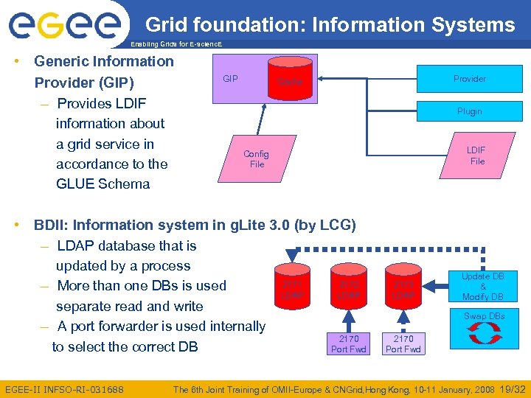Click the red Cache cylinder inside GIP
pos(291,80)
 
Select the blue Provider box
pos(469,79)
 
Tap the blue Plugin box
pos(469,111)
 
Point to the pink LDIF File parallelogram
pos(476,156)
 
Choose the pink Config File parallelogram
pos(256,159)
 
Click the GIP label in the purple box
pos(230,78)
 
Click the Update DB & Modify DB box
pos(483,287)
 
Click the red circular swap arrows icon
pos(484,333)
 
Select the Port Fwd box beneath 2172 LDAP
pos(348,343)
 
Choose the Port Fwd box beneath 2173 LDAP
pos(403,343)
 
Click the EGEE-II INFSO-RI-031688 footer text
pos(64,388)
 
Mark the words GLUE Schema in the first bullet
pos(103,184)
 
